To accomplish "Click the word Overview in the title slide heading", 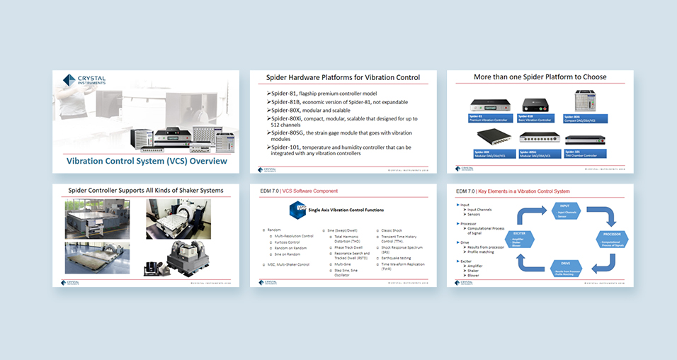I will pos(205,161).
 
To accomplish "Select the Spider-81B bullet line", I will pos(330,101).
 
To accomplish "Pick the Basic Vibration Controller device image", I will pos(536,106).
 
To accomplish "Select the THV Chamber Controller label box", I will pos(584,153).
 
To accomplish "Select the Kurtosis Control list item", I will pos(290,243).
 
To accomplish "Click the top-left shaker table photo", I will pos(93,218).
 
